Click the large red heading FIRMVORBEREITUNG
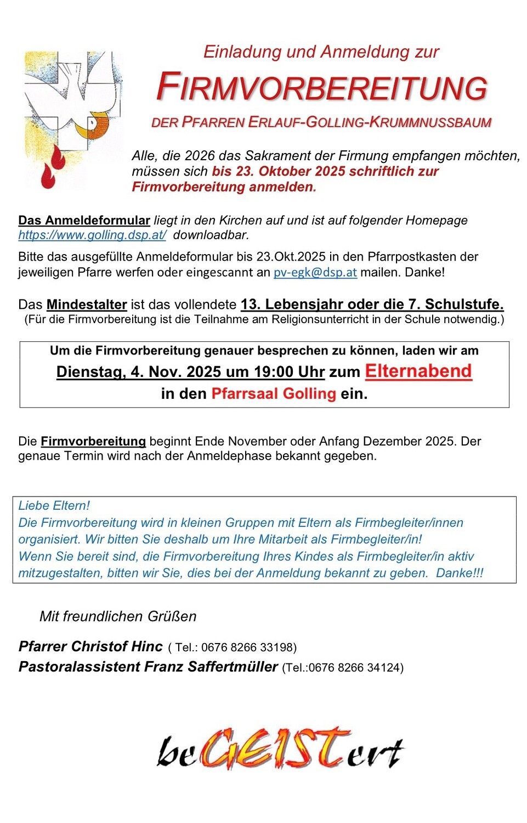tap(322, 88)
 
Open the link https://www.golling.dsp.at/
tap(92, 235)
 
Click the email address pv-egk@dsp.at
tap(315, 273)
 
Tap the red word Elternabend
tap(418, 371)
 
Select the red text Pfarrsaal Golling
tap(274, 394)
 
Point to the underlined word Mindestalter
tap(87, 305)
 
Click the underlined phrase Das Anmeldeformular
tap(84, 221)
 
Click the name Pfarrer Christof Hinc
tap(90, 646)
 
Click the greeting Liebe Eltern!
tap(54, 505)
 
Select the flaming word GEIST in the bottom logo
tap(274, 749)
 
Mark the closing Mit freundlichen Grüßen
tap(118, 617)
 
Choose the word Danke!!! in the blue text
tap(460, 573)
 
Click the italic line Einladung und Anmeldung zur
tap(321, 52)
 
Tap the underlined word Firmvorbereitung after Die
tap(93, 442)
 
